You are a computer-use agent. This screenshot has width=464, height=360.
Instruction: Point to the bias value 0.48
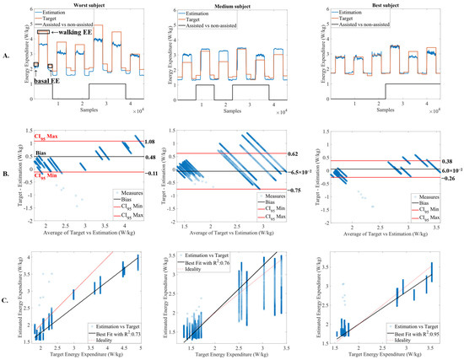151,158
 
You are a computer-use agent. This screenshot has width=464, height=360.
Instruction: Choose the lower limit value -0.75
299,191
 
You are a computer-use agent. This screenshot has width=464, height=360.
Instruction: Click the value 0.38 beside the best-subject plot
447,161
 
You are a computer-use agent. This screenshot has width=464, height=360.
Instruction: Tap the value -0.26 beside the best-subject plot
447,178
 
